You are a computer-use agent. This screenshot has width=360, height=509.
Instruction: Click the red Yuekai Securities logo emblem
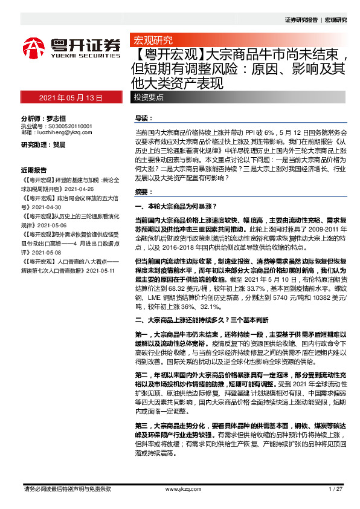click(34, 47)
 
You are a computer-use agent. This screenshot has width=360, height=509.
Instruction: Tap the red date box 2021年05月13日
click(71, 97)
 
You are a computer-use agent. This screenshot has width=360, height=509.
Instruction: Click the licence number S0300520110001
click(69, 126)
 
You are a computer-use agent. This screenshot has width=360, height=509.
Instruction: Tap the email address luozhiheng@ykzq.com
click(63, 132)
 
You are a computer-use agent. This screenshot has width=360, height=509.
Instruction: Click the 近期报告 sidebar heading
click(34, 170)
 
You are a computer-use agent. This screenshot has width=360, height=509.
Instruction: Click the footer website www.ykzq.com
click(179, 488)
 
